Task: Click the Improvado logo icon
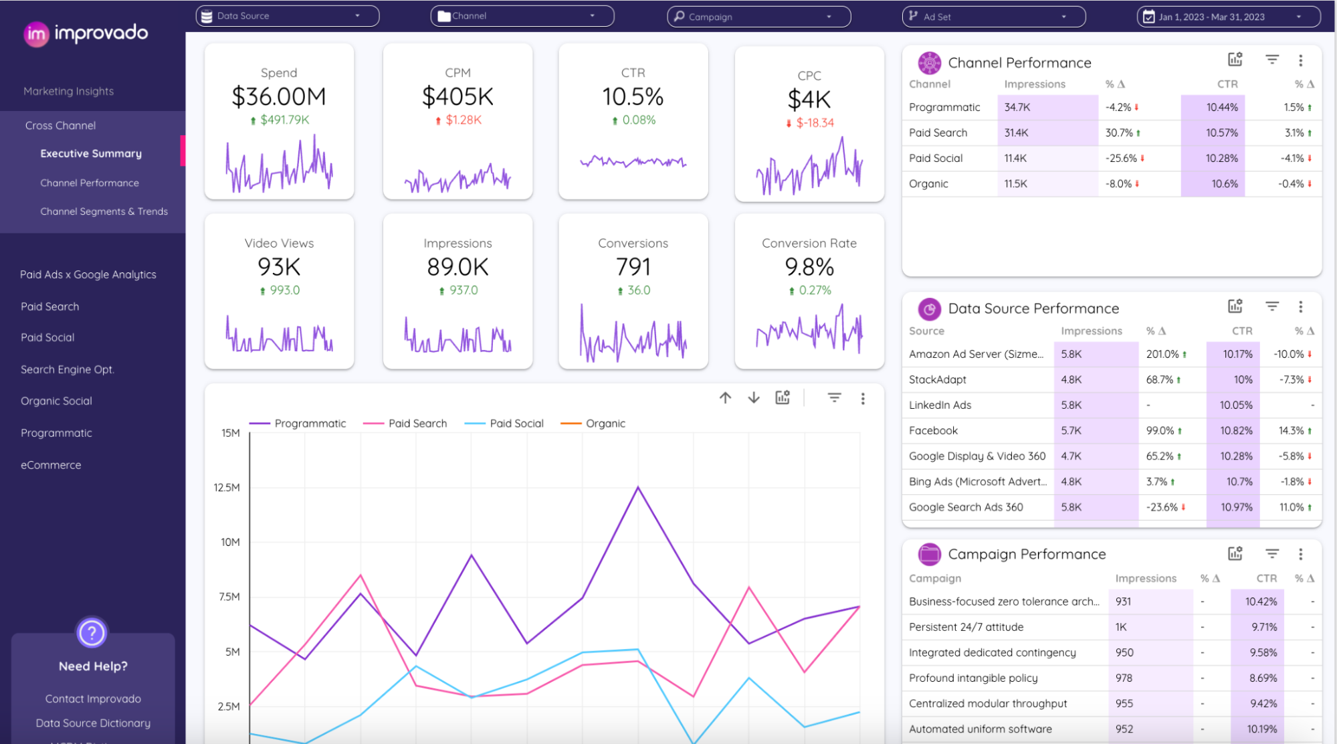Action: click(x=36, y=34)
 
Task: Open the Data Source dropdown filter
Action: click(x=287, y=16)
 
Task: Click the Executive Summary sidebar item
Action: click(x=91, y=153)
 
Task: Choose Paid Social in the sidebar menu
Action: click(x=47, y=337)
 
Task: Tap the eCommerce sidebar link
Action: click(x=51, y=465)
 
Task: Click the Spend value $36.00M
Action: click(x=279, y=97)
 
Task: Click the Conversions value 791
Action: click(x=633, y=267)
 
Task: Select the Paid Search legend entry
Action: click(x=417, y=424)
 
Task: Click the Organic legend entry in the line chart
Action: click(x=605, y=424)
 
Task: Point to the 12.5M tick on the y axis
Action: click(x=227, y=487)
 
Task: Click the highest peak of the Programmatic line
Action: click(x=638, y=487)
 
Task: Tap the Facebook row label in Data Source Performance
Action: click(x=933, y=430)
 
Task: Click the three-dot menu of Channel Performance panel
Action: click(x=1300, y=61)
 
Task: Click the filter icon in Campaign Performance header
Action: click(x=1271, y=553)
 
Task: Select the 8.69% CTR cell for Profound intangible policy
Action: click(x=1263, y=678)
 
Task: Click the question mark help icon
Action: click(x=92, y=632)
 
